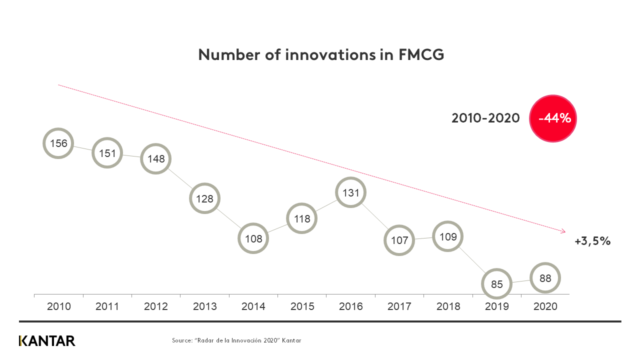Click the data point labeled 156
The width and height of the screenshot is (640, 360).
[x=58, y=143]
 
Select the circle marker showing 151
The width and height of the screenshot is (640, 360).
[x=107, y=153]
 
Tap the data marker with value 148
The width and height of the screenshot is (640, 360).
[x=156, y=159]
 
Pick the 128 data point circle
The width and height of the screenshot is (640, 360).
[x=204, y=198]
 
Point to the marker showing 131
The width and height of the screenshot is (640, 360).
[x=351, y=192]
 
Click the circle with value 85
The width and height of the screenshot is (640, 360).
[x=497, y=284]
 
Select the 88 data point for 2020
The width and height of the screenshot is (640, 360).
[x=545, y=278]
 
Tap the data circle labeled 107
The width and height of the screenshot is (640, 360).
[x=399, y=240]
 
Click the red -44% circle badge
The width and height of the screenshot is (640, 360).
[x=553, y=118]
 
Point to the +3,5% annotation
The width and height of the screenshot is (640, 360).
[x=592, y=241]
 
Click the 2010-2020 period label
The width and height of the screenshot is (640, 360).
[x=485, y=118]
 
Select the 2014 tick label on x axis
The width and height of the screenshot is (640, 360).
[x=253, y=306]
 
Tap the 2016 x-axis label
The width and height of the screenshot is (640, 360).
[x=351, y=306]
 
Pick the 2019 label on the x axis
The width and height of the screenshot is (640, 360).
[x=497, y=306]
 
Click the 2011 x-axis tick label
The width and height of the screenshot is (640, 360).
[x=107, y=306]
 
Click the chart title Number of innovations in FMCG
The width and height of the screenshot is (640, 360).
[x=321, y=55]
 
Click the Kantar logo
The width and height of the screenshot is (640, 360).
[x=47, y=341]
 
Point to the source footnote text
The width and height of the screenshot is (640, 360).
[x=236, y=340]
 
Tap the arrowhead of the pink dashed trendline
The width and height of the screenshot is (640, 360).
[x=563, y=231]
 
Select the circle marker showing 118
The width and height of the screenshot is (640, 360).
[x=302, y=218]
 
